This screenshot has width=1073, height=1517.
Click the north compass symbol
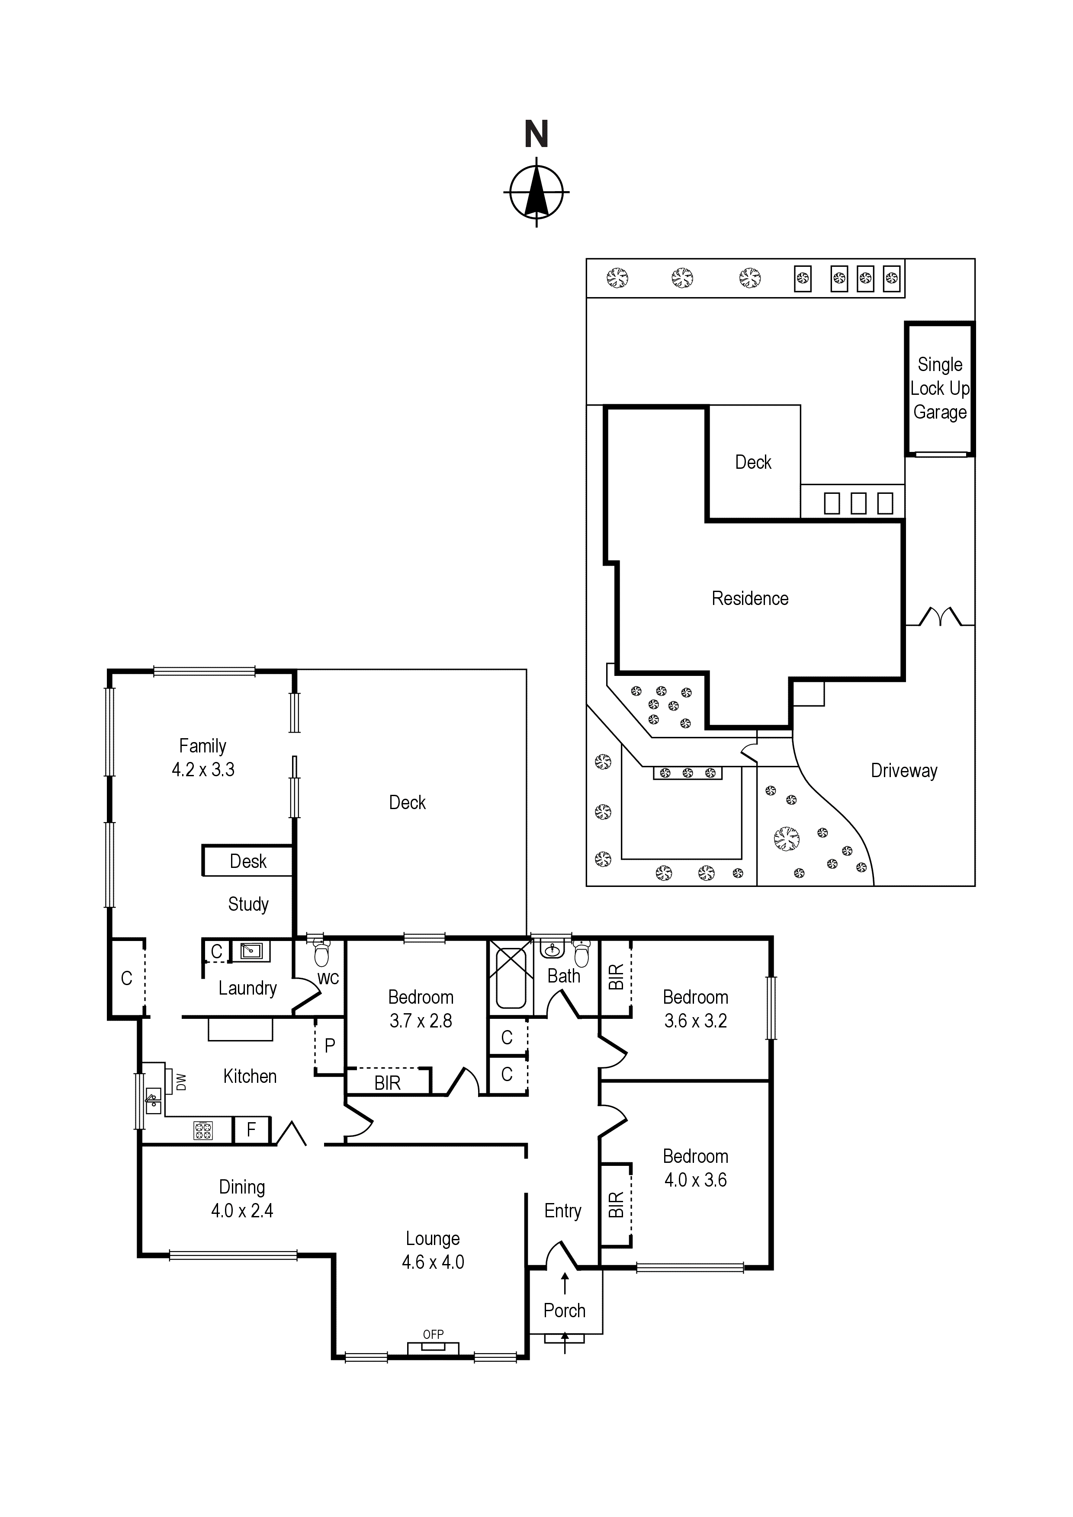536,192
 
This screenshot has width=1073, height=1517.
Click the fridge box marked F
251,1130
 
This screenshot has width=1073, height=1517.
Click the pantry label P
330,1045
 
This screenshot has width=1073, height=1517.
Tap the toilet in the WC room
321,952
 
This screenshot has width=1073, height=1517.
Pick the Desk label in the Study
248,861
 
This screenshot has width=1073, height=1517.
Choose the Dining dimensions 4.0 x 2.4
242,1210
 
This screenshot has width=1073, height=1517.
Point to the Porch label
565,1310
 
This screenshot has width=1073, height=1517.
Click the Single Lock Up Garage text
940,388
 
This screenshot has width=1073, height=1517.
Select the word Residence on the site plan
750,598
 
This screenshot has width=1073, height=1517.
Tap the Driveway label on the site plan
904,771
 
